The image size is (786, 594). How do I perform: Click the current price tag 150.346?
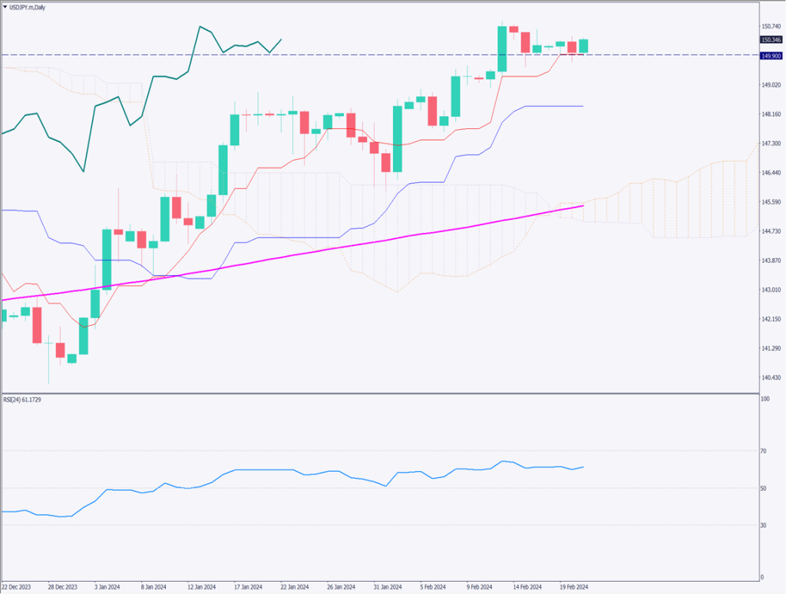(x=770, y=40)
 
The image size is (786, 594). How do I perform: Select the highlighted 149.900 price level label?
(x=770, y=56)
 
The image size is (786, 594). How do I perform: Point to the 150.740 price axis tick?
(x=770, y=26)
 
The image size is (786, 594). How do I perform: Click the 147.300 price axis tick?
(x=770, y=144)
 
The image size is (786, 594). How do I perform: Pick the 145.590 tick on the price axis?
(x=770, y=202)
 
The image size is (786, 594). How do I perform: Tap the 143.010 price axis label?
(x=770, y=290)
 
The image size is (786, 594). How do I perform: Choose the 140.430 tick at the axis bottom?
(x=770, y=377)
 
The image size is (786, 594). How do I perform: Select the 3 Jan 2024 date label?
(x=107, y=586)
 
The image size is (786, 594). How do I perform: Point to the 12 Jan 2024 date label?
(x=201, y=586)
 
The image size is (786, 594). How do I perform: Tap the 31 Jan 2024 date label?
(x=388, y=586)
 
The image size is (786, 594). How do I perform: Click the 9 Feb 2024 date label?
(x=481, y=586)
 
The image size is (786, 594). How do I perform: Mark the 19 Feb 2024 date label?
(x=574, y=586)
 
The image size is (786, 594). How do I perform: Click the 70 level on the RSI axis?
(x=764, y=451)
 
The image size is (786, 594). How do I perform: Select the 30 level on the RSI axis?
(x=764, y=525)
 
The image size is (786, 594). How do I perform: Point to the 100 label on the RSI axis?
(x=765, y=400)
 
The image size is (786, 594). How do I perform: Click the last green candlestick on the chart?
(x=583, y=46)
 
